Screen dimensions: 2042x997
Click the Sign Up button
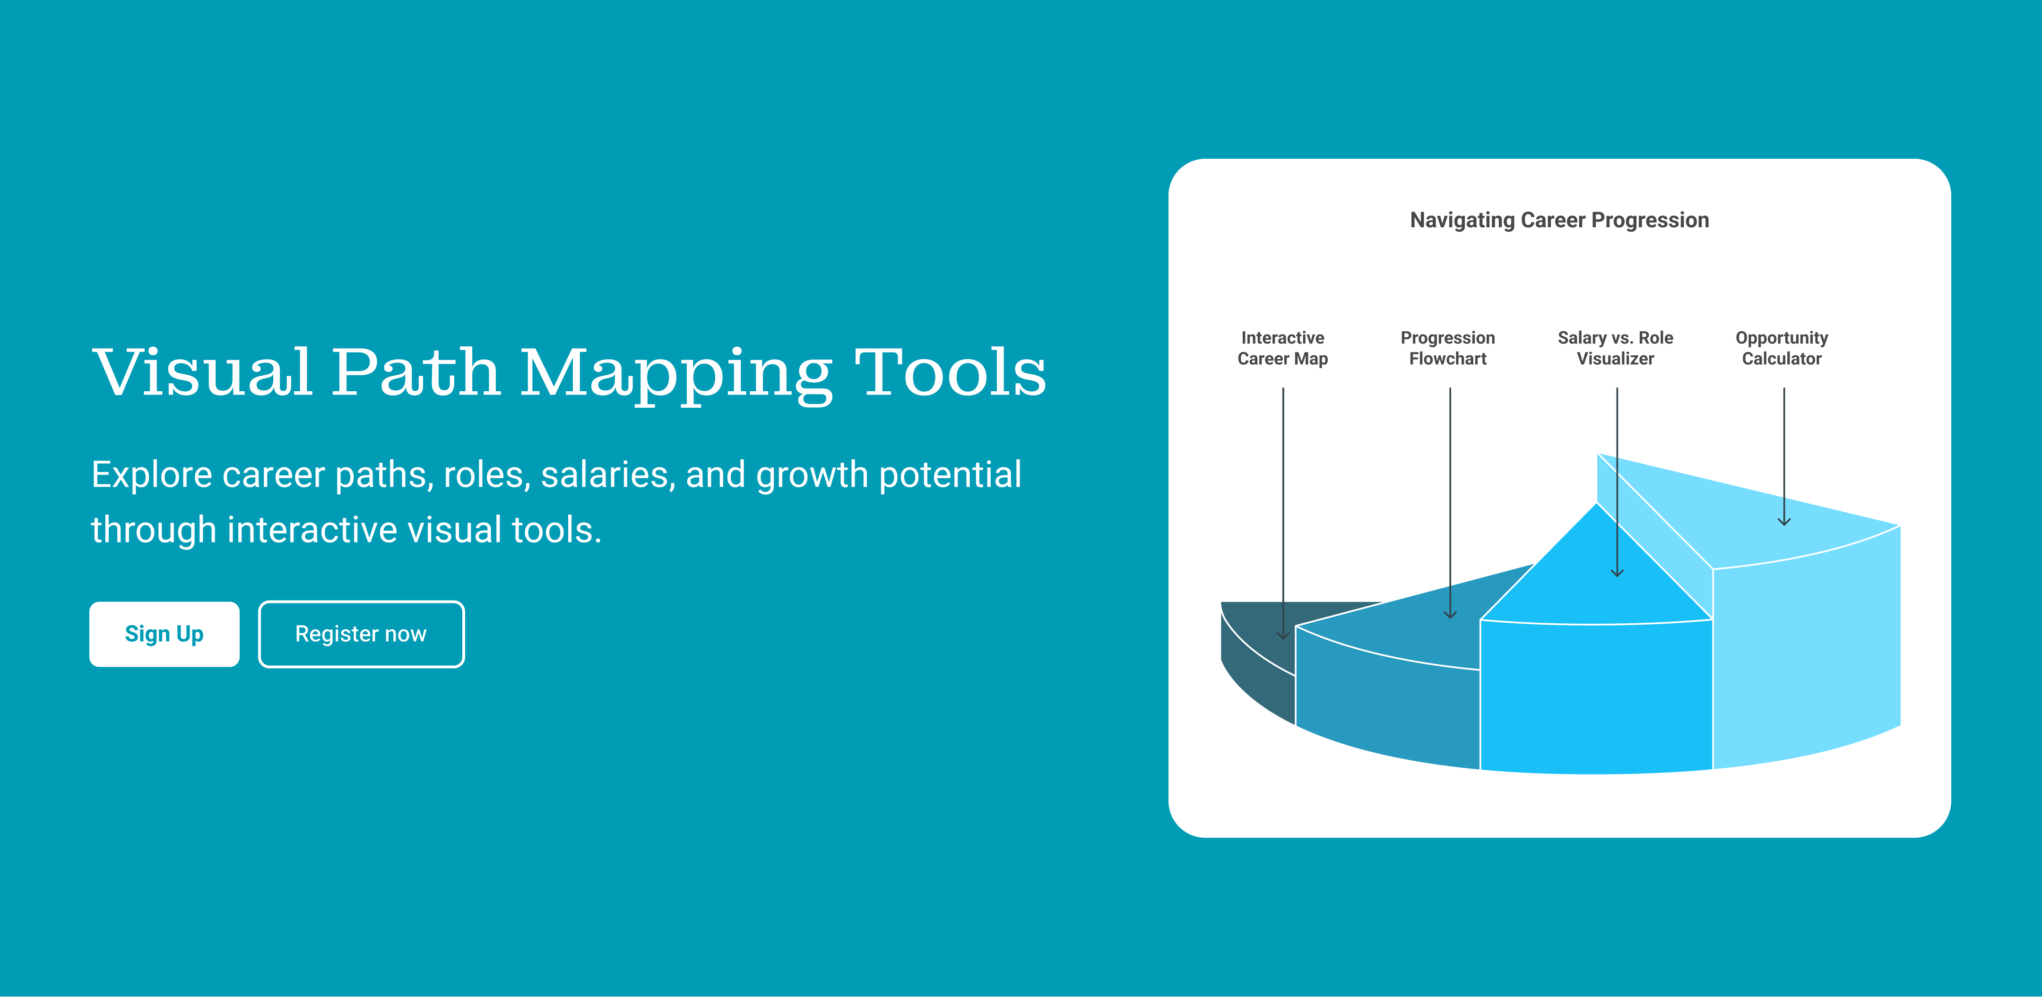coord(164,634)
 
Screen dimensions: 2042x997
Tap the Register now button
coord(362,634)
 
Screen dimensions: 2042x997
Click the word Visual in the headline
coord(202,372)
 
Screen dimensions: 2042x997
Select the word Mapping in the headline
coord(676,375)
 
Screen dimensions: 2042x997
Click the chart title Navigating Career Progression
coord(1559,220)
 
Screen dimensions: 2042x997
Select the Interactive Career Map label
coord(1282,348)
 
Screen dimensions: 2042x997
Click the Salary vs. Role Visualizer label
coord(1616,348)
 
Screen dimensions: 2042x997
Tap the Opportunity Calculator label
coord(1782,348)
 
